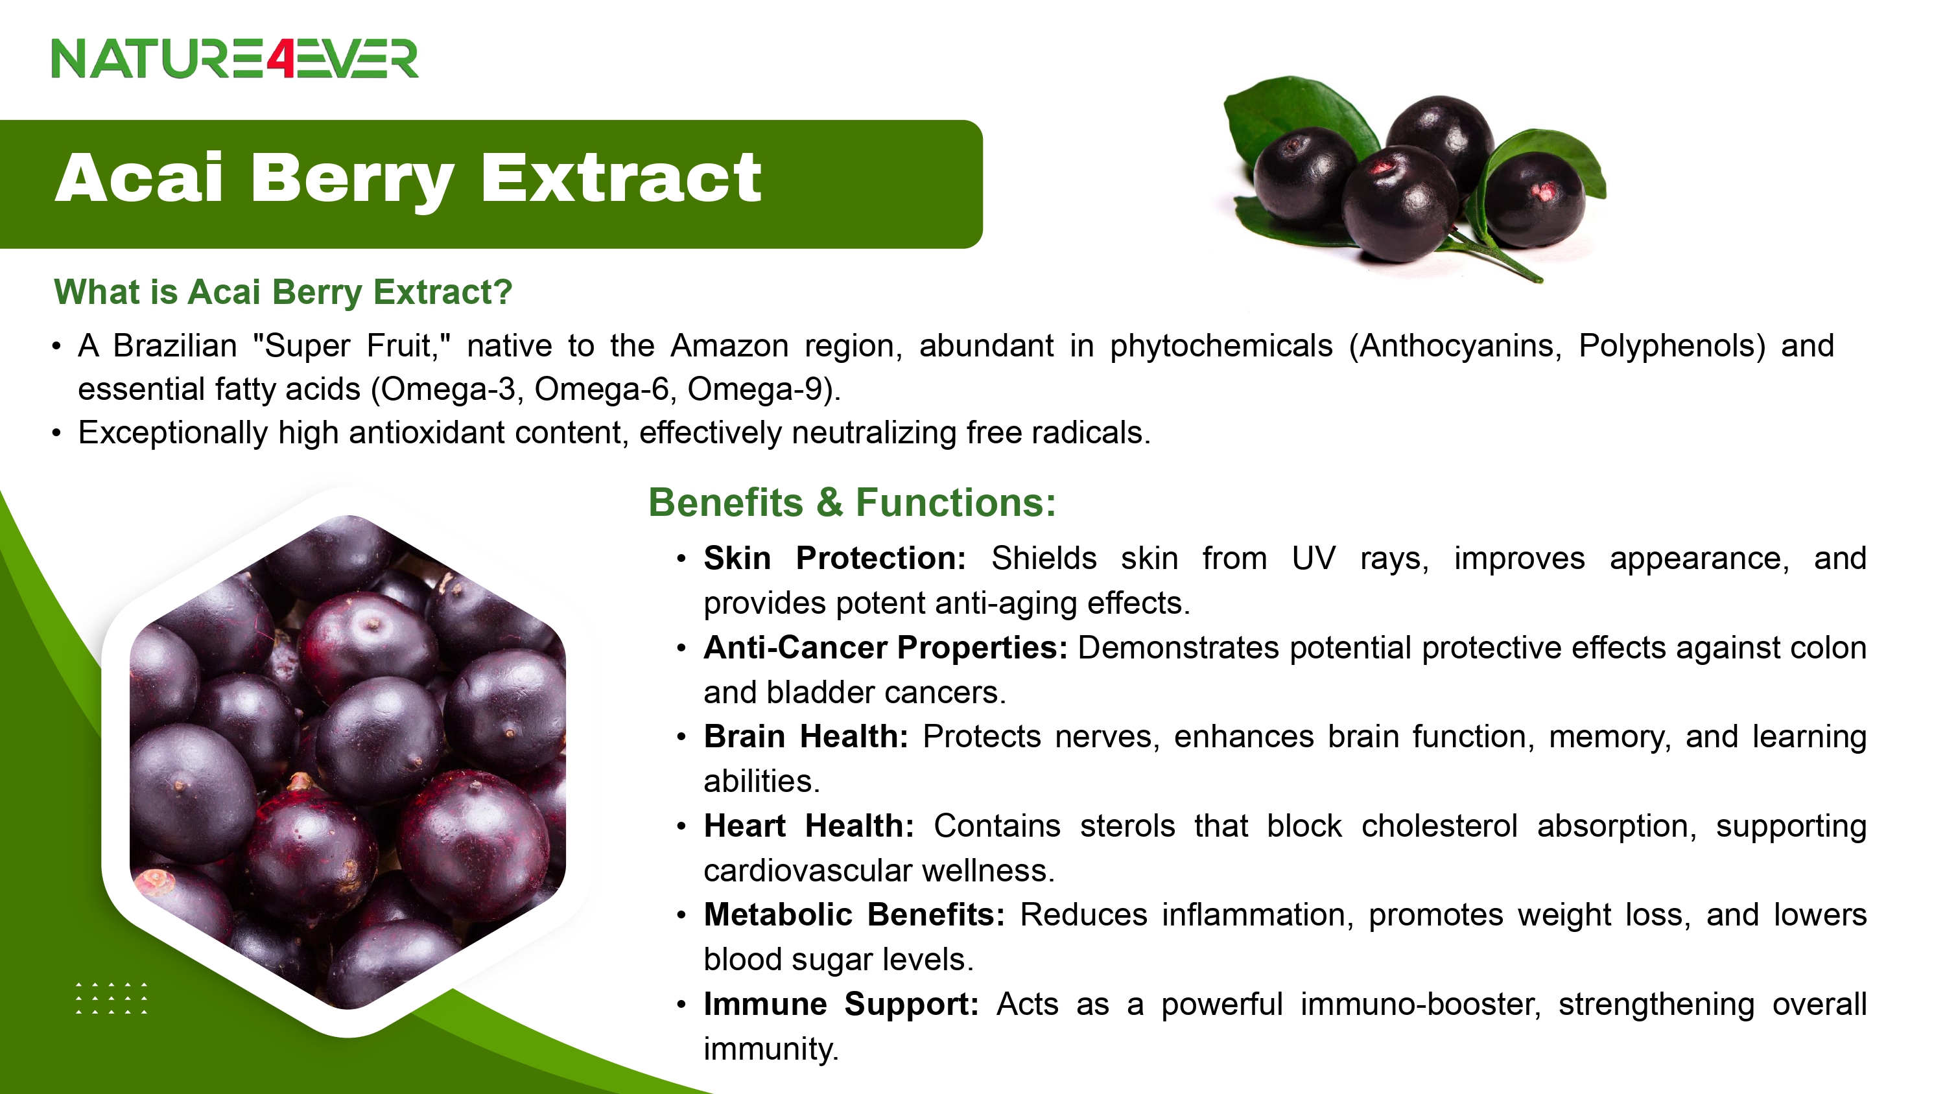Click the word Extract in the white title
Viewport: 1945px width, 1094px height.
click(620, 178)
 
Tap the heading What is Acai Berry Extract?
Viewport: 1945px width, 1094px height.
click(283, 292)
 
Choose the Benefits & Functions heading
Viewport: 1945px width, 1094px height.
click(852, 502)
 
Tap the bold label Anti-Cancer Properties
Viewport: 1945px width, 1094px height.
click(885, 648)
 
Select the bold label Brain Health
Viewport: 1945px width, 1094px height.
click(806, 737)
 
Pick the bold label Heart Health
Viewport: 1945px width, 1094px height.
click(808, 826)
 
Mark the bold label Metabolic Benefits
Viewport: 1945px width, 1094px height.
click(854, 915)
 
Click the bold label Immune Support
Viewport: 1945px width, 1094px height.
click(841, 1004)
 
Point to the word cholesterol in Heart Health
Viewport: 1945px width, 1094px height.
click(1439, 826)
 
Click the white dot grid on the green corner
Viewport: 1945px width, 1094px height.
click(112, 998)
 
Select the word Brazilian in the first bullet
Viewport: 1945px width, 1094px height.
click(175, 346)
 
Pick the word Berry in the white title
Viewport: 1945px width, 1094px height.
click(352, 180)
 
